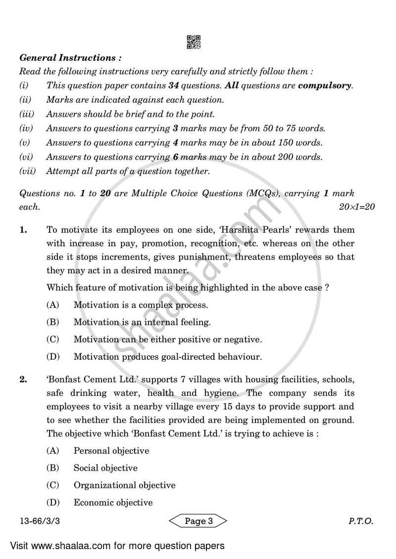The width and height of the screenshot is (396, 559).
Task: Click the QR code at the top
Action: click(x=194, y=42)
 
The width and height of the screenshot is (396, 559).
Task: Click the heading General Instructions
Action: click(x=67, y=58)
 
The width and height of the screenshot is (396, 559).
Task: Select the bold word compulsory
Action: click(x=325, y=86)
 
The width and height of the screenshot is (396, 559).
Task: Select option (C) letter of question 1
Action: click(x=53, y=340)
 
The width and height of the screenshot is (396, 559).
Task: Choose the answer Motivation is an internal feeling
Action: click(x=142, y=322)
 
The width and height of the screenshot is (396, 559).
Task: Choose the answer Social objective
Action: click(x=105, y=468)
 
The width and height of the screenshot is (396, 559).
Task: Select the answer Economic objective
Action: click(x=113, y=503)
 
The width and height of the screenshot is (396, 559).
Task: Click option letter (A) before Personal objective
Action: click(x=53, y=451)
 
